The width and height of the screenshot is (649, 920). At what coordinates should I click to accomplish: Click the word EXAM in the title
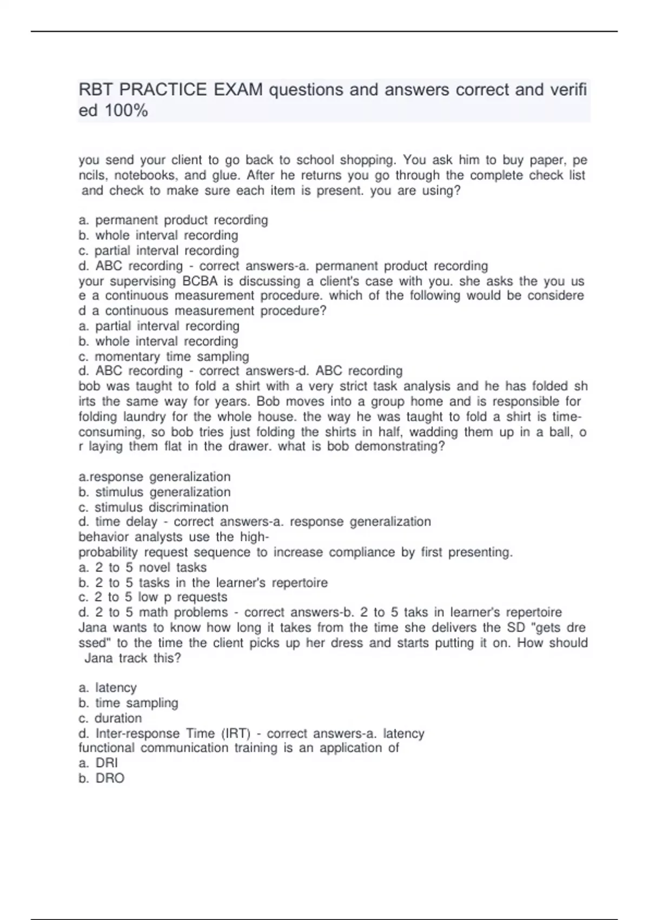click(238, 89)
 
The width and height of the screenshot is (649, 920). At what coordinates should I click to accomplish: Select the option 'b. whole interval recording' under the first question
click(158, 235)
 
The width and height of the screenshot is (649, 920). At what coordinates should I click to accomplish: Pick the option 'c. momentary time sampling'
click(163, 357)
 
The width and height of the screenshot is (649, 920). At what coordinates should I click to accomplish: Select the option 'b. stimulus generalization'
click(154, 492)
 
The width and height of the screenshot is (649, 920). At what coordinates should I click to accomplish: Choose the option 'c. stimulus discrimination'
click(153, 507)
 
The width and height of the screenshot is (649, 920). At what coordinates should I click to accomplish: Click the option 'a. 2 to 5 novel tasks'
click(142, 568)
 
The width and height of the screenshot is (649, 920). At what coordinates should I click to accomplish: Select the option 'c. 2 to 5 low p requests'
click(153, 597)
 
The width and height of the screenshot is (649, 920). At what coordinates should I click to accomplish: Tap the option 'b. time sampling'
click(128, 703)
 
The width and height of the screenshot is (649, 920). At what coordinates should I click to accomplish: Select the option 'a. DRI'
click(98, 763)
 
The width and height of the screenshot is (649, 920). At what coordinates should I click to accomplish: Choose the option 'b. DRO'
click(101, 778)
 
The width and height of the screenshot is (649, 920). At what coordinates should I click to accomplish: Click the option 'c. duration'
click(110, 718)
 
